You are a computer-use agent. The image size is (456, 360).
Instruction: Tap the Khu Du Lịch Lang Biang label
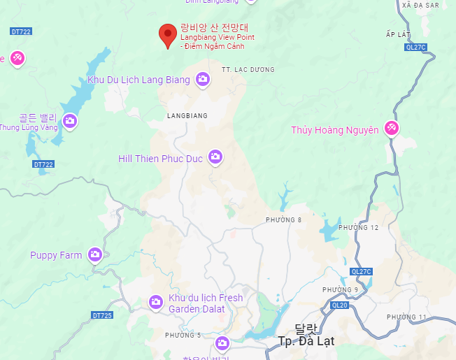[x=138, y=80]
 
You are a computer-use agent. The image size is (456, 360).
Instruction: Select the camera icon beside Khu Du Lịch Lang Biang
[x=203, y=80]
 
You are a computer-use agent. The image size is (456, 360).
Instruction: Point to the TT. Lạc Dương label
[x=248, y=69]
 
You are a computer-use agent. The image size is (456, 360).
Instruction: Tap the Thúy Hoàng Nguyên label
[x=334, y=130]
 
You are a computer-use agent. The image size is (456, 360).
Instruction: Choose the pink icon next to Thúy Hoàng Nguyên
[x=392, y=129]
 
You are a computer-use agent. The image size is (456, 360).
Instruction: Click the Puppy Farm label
[x=56, y=255]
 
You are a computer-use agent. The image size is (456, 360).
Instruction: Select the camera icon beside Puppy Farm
[x=95, y=255]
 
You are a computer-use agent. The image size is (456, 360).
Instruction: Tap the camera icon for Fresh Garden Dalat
[x=156, y=302]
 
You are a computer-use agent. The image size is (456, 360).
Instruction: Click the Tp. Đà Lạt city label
[x=306, y=341]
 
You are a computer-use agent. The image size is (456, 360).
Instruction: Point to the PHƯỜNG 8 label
[x=283, y=220]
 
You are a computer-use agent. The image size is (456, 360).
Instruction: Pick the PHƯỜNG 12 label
[x=358, y=227]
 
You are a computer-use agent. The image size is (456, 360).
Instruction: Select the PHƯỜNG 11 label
[x=406, y=317]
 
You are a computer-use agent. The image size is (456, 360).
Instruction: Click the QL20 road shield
[x=340, y=305]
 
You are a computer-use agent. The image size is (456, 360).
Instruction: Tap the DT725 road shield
[x=102, y=315]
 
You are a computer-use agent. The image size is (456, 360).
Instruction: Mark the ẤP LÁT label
[x=397, y=34]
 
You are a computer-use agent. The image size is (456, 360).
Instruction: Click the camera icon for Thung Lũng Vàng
[x=69, y=121]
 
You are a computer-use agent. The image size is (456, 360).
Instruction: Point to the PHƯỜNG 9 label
[x=340, y=289]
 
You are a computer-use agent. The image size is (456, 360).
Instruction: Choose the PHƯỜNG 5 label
[x=183, y=336]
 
